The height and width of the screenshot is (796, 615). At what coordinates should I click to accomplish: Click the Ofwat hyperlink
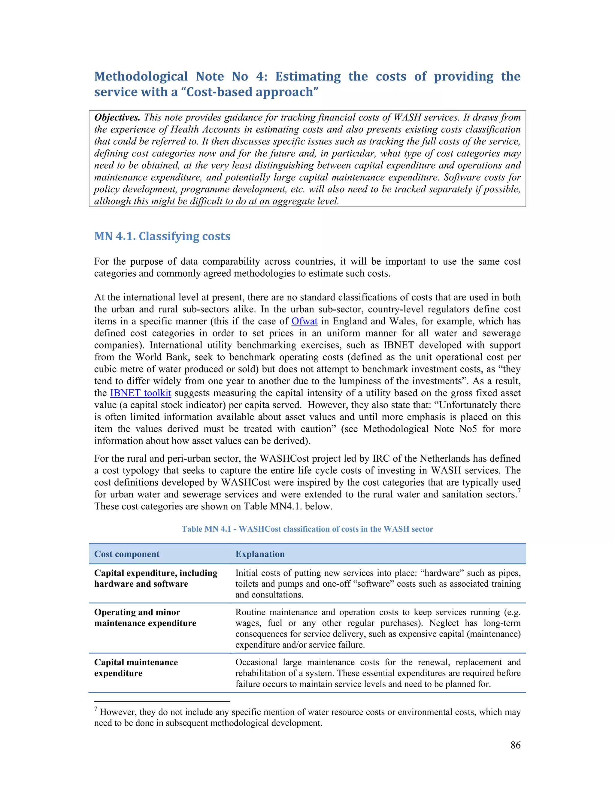[304, 321]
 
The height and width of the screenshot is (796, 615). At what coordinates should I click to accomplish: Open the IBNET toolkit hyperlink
[140, 393]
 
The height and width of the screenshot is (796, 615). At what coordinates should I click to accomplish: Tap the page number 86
[515, 745]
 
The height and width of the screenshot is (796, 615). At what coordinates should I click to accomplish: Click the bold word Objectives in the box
[117, 118]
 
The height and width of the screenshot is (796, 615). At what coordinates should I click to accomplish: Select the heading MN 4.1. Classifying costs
[162, 236]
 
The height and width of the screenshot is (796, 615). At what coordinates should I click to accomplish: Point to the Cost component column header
[127, 554]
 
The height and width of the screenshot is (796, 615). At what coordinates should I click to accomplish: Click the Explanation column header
[260, 554]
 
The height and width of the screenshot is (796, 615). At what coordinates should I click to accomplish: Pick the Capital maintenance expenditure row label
[136, 668]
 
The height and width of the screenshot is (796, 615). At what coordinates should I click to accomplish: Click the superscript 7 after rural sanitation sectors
[519, 491]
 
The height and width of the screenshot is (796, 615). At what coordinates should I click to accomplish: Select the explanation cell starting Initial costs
[378, 584]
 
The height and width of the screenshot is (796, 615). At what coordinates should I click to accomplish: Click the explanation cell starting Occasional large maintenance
[378, 673]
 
